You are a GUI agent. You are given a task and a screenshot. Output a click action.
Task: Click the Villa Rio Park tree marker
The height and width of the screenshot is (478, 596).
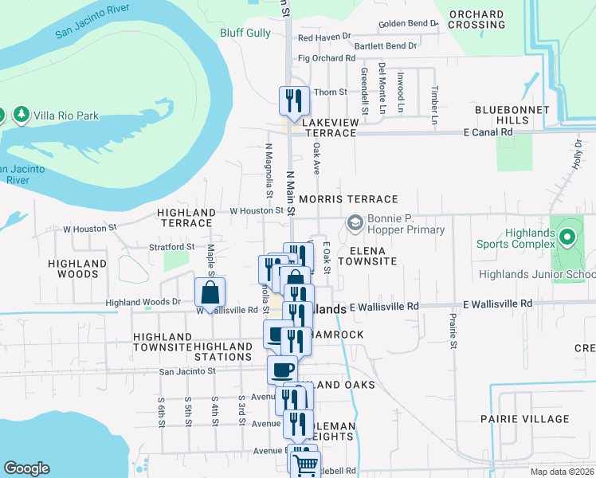click(22, 116)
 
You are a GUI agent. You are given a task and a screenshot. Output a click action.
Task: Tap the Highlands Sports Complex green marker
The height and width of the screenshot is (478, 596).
click(567, 237)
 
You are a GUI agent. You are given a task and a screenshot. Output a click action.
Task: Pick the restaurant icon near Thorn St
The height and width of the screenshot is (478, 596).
click(293, 100)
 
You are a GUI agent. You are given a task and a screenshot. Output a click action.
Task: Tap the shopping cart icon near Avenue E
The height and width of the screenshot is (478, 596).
click(306, 464)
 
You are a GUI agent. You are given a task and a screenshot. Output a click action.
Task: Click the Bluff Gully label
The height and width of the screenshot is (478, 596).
click(245, 33)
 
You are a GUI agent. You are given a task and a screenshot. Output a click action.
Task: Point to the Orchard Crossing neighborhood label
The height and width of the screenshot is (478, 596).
click(476, 19)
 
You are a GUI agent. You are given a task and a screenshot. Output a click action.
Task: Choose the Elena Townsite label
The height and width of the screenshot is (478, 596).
click(367, 256)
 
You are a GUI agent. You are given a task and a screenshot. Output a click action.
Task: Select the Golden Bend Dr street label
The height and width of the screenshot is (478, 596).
click(408, 24)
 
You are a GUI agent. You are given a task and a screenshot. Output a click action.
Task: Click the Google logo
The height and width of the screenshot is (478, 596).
click(26, 468)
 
